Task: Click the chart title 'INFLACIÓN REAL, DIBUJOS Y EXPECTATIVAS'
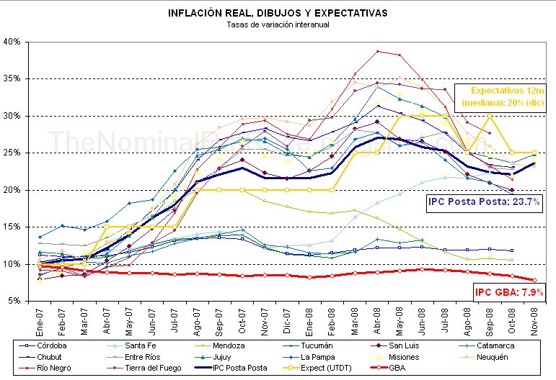coord(278,13)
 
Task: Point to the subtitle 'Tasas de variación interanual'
coord(278,25)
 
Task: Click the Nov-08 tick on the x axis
coord(534,320)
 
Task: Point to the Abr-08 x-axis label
coord(376,320)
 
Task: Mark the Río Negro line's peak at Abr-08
coord(376,51)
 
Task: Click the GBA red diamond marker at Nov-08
coord(534,280)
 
